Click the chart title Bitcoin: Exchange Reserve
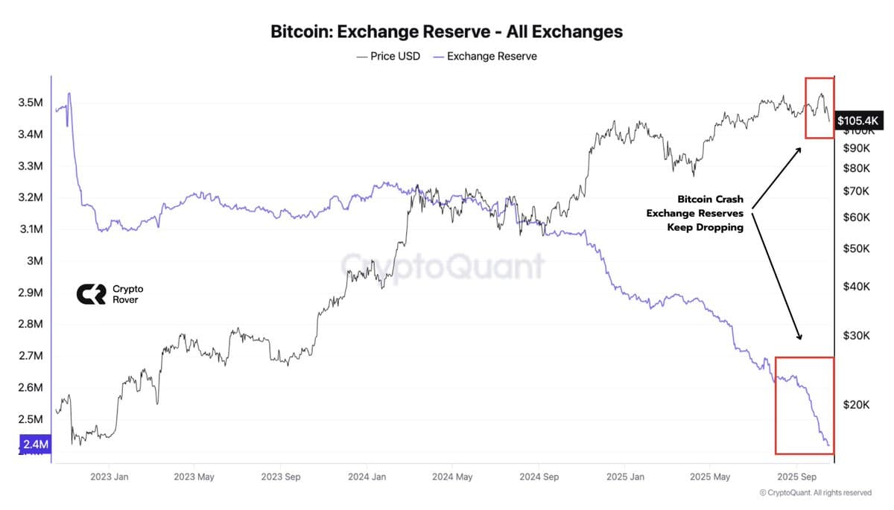(x=446, y=32)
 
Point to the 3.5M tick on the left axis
(x=30, y=103)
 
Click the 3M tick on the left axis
(x=35, y=261)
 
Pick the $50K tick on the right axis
(x=856, y=248)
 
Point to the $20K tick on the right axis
(x=856, y=404)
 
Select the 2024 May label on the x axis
(x=452, y=476)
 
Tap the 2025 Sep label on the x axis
(x=797, y=476)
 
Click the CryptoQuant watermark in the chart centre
(x=443, y=266)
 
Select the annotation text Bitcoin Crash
(x=710, y=200)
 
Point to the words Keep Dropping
(x=705, y=228)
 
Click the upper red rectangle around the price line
(x=819, y=107)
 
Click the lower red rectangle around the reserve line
(x=805, y=405)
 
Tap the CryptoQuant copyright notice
(x=815, y=493)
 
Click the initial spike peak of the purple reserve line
(x=69, y=94)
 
